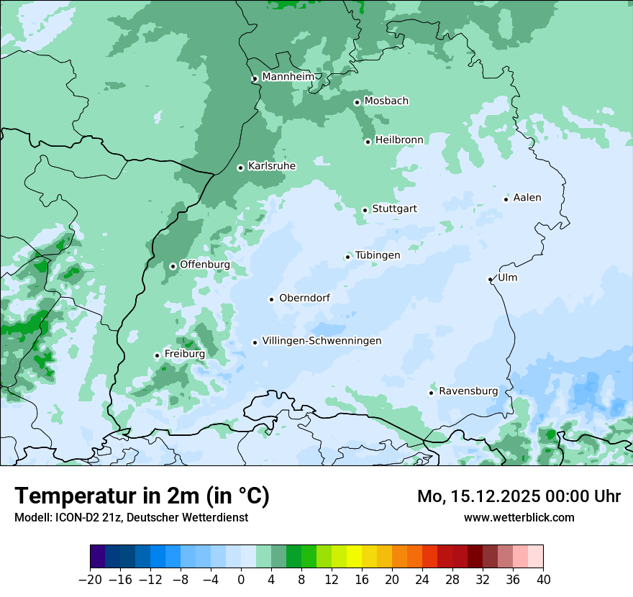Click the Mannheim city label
coord(288,76)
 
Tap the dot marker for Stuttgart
coord(365,210)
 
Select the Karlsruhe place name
coord(271,166)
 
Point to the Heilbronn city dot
coord(368,142)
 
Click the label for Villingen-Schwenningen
coord(322,341)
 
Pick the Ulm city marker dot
coord(490,279)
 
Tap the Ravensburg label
coord(468,391)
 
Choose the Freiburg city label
coord(184,354)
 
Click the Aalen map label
coord(527,198)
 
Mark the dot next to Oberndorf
coord(271,299)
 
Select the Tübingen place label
coord(378,255)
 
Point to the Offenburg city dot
coord(173,266)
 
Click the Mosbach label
coord(386,101)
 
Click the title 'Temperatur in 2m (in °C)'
coord(142,496)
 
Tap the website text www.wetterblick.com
coord(519,517)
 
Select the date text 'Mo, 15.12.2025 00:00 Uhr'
coord(519,496)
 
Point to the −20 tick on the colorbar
coord(90,580)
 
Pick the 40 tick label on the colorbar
coord(543,580)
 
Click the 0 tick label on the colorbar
coord(241,580)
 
